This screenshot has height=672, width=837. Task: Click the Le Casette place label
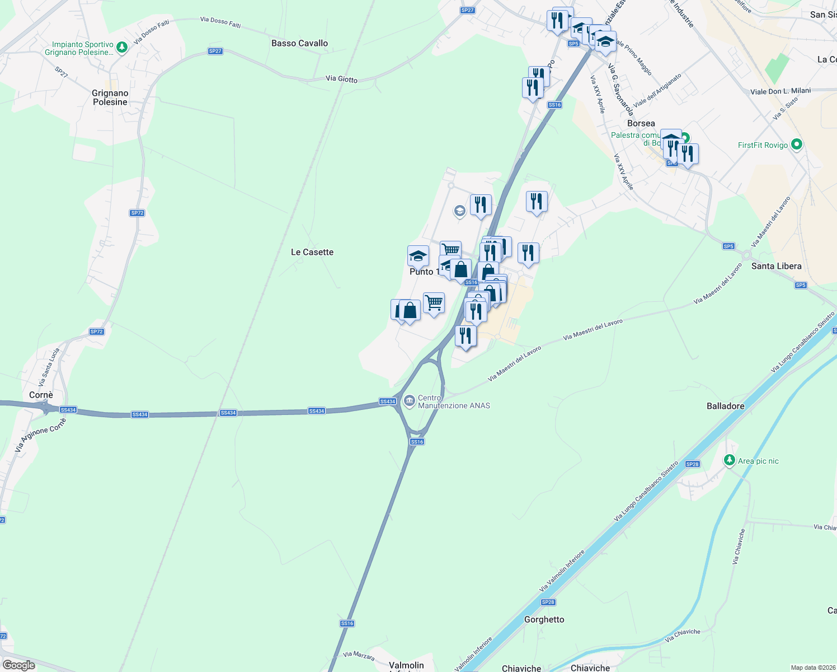pos(312,252)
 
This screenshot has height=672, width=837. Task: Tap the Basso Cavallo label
pos(299,43)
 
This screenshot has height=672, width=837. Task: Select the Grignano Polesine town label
pos(110,97)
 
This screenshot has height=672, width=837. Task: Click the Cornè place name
pos(41,395)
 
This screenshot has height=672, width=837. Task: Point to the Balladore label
pos(725,406)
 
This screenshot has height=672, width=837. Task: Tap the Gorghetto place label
pos(544,619)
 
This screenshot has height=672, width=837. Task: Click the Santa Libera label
pos(776,266)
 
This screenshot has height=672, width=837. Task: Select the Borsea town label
pos(641,123)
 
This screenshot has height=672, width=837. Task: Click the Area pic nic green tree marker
pos(729,460)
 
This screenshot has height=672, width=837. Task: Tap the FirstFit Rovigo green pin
pos(797,144)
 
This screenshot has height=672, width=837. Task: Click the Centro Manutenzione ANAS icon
pos(410,400)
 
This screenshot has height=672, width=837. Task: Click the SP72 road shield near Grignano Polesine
pos(137,213)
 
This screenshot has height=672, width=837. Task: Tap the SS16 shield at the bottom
pos(347,623)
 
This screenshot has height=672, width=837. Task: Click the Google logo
pos(18,665)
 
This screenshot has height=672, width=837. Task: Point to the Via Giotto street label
pos(341,79)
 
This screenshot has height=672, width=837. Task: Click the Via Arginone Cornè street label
pos(40,435)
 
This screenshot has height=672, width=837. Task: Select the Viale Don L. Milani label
pos(780,91)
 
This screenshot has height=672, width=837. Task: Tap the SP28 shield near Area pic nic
pos(692,464)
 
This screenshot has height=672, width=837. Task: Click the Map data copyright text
pos(813,668)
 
